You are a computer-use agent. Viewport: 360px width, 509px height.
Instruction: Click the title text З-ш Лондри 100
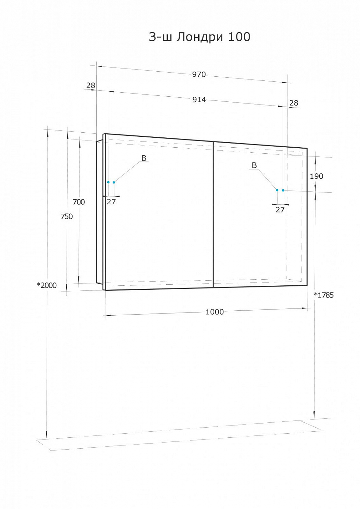(x=199, y=37)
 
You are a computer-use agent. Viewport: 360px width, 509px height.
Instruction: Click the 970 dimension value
(x=199, y=74)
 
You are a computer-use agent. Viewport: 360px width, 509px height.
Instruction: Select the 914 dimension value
(x=199, y=99)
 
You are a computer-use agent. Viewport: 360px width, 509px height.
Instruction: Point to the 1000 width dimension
(x=215, y=312)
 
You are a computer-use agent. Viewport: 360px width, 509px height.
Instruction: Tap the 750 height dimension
(x=67, y=216)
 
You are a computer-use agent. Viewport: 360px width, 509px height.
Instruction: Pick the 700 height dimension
(x=79, y=202)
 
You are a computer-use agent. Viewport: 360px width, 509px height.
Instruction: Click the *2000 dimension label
(x=47, y=285)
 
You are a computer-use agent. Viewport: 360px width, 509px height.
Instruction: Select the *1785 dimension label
(x=324, y=295)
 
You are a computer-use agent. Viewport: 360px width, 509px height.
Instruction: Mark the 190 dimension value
(x=317, y=176)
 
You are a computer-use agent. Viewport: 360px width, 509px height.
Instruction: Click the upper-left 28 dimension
(x=91, y=86)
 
